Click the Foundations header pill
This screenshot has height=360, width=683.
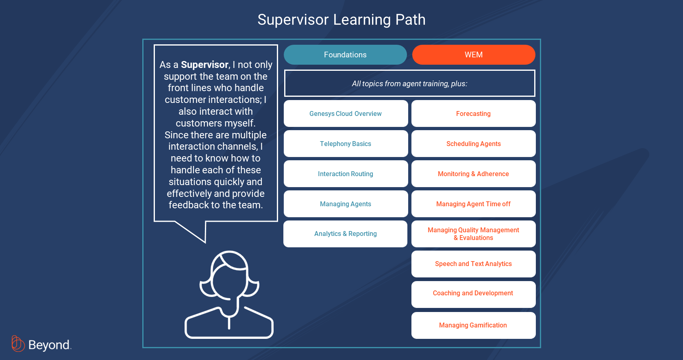(345, 55)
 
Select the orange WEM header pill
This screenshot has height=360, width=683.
(474, 55)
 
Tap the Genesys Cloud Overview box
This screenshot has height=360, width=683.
(346, 113)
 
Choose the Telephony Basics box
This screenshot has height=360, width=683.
(346, 144)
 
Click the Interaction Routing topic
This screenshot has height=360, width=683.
(346, 174)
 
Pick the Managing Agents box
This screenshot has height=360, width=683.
(346, 204)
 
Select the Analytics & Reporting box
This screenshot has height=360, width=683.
(346, 233)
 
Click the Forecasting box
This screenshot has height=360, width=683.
(474, 113)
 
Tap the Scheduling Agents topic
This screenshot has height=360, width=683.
(474, 144)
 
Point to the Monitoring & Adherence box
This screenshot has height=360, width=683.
(474, 174)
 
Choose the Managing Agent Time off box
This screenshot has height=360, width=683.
(474, 204)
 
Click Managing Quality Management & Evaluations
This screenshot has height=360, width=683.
(474, 233)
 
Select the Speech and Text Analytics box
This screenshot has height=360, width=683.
(474, 264)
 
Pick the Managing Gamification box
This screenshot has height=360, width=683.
(474, 325)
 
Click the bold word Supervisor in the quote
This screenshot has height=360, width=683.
(204, 65)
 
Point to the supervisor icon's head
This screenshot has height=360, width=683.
(229, 275)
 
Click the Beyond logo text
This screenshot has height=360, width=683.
(49, 345)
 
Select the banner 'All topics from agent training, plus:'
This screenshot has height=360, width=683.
(409, 83)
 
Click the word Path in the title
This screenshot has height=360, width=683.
(410, 20)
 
